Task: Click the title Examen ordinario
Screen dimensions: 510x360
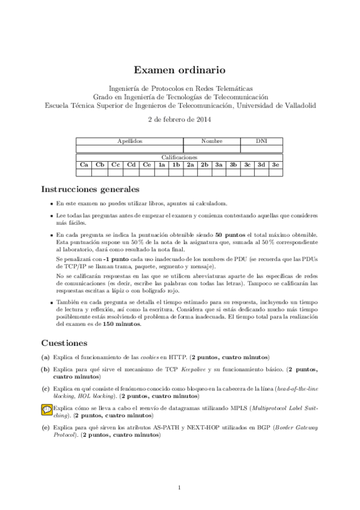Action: tap(180, 70)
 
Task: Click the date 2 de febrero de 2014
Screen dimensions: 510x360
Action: tap(180, 119)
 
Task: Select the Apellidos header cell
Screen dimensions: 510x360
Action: tap(130, 141)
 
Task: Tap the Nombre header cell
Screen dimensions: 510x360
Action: tap(212, 141)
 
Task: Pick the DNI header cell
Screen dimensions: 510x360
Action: tap(261, 141)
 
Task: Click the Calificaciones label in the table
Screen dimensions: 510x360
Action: tap(179, 156)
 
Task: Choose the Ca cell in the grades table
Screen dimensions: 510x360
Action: tap(84, 164)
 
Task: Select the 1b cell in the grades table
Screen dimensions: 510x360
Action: tap(176, 164)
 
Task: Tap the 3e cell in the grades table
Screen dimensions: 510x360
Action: tap(275, 164)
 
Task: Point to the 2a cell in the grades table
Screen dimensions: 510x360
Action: tap(191, 164)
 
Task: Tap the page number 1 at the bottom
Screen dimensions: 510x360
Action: tap(180, 487)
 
